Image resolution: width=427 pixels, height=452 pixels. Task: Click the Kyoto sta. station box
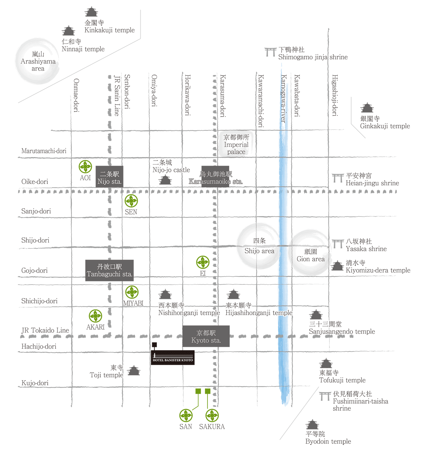[206, 336]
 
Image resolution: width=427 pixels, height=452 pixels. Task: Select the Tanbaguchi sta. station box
[109, 270]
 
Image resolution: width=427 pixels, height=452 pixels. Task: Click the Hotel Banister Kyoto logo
[173, 357]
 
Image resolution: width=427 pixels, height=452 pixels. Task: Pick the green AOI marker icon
[85, 167]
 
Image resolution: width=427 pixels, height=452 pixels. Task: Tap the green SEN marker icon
[131, 201]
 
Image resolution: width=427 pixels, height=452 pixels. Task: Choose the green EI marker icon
[203, 263]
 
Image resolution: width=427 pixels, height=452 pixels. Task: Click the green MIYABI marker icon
[132, 292]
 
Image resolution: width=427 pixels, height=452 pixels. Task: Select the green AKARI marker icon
[95, 316]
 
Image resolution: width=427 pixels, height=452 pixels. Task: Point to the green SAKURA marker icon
[212, 415]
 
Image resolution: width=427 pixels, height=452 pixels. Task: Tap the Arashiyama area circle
[38, 61]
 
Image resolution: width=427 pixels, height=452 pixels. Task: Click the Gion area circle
[310, 253]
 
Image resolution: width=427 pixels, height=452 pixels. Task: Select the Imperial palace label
[236, 145]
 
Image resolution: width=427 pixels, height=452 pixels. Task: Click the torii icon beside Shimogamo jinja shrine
[270, 52]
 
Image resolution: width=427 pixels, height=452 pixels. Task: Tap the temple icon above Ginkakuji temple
[367, 108]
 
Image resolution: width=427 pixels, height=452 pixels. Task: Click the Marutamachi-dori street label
[44, 151]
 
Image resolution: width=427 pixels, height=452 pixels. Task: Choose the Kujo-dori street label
[35, 383]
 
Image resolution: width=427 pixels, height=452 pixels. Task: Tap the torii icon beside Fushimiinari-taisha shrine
[325, 396]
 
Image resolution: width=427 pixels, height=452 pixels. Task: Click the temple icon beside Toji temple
[134, 371]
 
